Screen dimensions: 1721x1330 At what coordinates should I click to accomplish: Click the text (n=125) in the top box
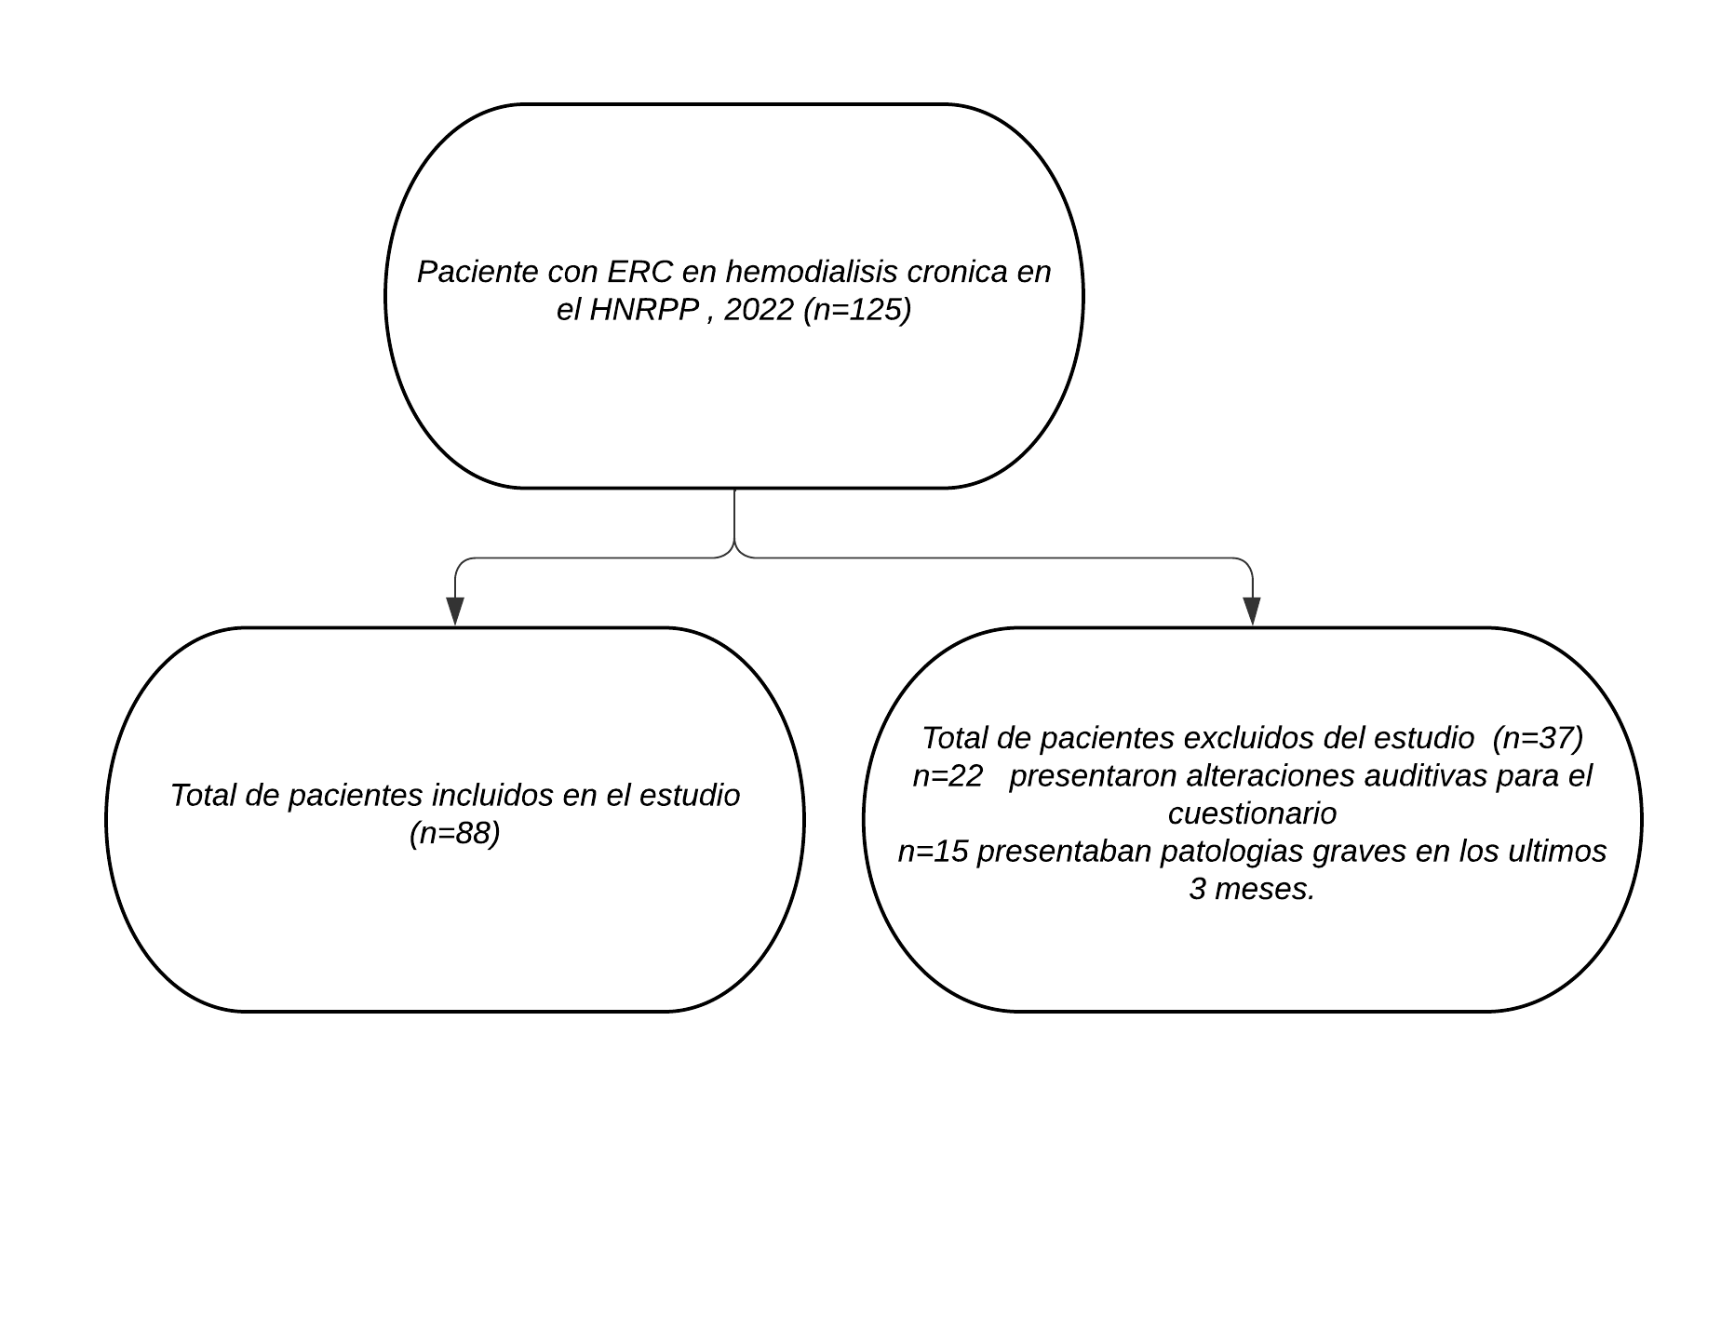click(856, 309)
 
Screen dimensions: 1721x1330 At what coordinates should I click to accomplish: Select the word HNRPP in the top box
click(644, 309)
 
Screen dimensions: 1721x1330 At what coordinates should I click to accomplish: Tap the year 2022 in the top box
click(759, 309)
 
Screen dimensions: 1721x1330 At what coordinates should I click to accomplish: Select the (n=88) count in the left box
click(455, 833)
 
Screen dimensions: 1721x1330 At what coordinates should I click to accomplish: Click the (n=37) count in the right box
click(1538, 737)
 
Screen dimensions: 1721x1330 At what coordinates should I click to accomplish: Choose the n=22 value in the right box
click(948, 775)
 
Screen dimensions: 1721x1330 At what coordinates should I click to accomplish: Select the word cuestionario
click(1253, 813)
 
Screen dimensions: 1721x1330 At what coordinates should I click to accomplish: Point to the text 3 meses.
click(1253, 889)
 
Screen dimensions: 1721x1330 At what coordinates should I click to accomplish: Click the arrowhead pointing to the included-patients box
click(455, 611)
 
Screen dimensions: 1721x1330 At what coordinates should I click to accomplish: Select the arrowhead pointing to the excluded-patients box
click(1252, 611)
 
